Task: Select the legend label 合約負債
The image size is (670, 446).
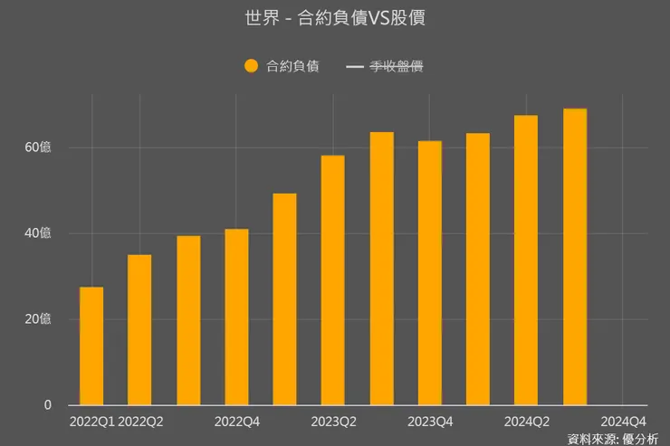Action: tap(292, 66)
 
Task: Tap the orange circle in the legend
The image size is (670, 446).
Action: tap(252, 66)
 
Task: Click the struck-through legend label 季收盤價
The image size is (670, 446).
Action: tap(397, 66)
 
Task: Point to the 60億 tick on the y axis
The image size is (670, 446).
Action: tap(38, 147)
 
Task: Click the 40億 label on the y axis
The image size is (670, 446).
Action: tap(38, 233)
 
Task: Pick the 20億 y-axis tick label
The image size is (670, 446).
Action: tap(38, 319)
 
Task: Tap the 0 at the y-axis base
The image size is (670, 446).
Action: tap(47, 405)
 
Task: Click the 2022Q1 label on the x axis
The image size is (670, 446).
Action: tap(91, 422)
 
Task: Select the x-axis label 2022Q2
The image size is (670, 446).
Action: tap(141, 422)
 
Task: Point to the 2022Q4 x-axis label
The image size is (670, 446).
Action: tap(237, 422)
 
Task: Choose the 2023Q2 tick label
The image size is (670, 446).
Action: tap(333, 422)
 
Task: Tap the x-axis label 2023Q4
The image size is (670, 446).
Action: tap(430, 422)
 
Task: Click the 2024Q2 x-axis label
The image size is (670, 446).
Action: tap(527, 422)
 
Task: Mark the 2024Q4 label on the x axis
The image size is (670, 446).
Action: tap(624, 422)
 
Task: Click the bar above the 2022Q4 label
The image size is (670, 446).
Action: tap(237, 317)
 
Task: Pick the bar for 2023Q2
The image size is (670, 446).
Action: tap(333, 280)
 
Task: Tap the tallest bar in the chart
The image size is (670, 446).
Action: tap(575, 257)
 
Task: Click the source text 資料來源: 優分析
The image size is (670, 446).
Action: tap(613, 439)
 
